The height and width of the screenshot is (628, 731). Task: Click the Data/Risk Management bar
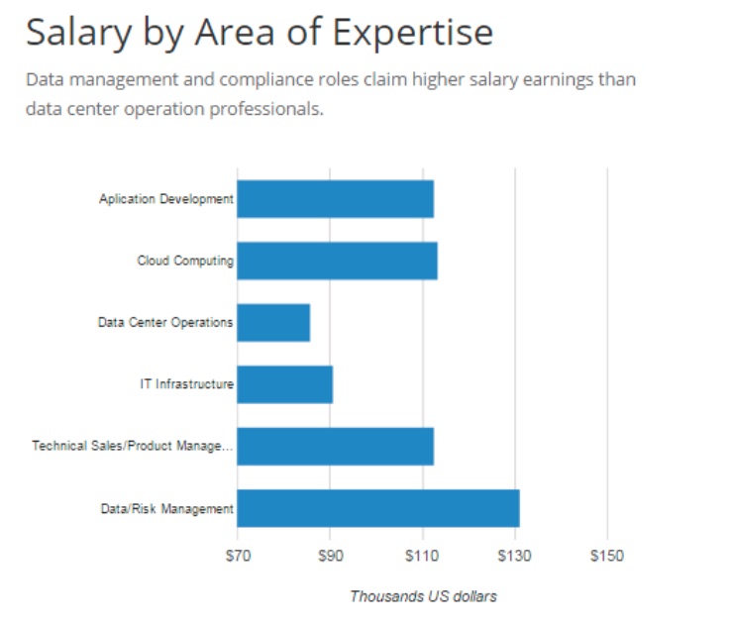[x=377, y=508]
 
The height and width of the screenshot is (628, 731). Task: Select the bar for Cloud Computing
[x=337, y=261]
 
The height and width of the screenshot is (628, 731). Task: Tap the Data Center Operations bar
[x=273, y=322]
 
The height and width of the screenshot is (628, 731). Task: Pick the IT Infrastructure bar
[x=284, y=384]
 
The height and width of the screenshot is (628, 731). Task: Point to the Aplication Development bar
[x=335, y=199]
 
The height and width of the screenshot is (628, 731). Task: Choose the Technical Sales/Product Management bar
[x=335, y=446]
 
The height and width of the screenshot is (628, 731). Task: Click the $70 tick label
[x=238, y=557]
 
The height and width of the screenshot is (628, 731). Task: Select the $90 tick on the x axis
[x=330, y=557]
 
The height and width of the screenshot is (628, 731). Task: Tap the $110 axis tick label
[x=422, y=557]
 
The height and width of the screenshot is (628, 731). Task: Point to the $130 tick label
[x=514, y=557]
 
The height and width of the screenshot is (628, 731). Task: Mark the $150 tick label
[x=606, y=557]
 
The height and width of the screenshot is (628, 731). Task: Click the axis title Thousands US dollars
[x=423, y=596]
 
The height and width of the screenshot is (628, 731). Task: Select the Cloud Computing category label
[x=185, y=262]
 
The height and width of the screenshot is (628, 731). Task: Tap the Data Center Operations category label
[x=165, y=323]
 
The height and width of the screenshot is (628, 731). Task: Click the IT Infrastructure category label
[x=186, y=384]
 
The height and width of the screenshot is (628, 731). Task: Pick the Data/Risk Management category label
[x=167, y=509]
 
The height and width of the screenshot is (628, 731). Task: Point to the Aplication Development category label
[x=165, y=199]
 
